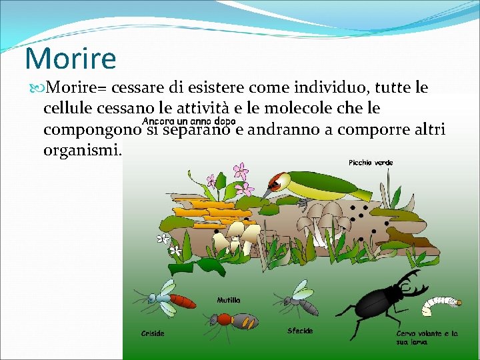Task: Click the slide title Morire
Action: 70,58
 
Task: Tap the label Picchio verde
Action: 371,162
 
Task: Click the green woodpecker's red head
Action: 277,179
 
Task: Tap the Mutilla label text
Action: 229,300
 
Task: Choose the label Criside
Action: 153,333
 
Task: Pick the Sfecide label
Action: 299,330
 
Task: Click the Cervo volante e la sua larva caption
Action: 427,337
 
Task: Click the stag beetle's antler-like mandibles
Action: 410,283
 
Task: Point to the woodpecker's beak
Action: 267,193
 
